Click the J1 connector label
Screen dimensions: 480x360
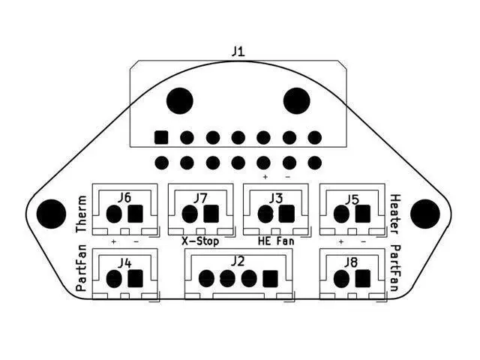[x=238, y=52]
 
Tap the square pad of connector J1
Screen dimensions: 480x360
[x=160, y=137]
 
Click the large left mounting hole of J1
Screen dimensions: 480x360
[x=179, y=100]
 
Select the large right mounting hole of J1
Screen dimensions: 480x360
[x=297, y=100]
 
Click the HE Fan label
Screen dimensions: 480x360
[x=276, y=241]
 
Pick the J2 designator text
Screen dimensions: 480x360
[x=238, y=261]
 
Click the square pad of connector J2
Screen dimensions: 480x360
[x=270, y=279]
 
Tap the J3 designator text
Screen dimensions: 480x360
[x=275, y=198]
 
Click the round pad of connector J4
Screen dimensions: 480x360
[x=114, y=279]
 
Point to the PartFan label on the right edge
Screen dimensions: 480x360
[x=395, y=268]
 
